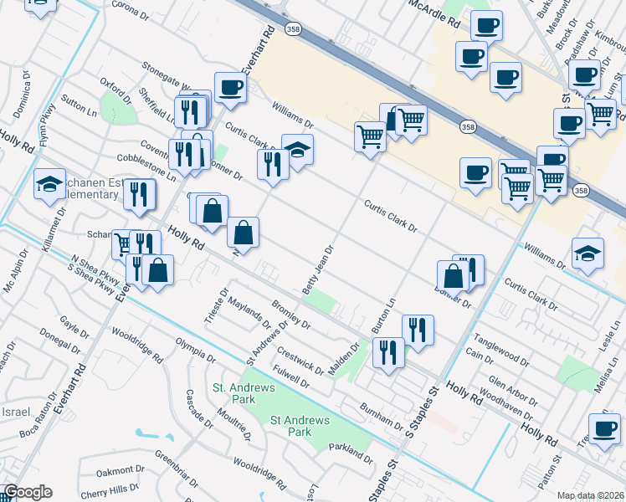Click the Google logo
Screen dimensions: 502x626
point(28,492)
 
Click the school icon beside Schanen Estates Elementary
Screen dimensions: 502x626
point(49,184)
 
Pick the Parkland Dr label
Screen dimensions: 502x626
point(351,453)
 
